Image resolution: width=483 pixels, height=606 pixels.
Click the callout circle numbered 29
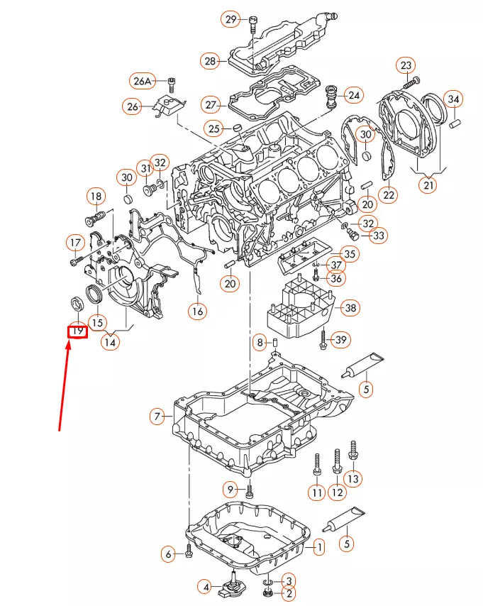(231, 20)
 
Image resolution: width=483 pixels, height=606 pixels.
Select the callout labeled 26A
(143, 82)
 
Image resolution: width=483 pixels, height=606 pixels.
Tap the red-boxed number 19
(77, 331)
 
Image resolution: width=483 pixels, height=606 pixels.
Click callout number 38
(350, 308)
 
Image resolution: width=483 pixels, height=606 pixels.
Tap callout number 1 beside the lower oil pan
(319, 546)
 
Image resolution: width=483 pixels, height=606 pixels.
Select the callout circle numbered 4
(204, 587)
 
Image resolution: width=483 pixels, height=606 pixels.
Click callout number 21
(428, 186)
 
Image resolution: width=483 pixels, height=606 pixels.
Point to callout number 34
(453, 99)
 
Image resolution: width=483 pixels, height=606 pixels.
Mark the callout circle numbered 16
(197, 310)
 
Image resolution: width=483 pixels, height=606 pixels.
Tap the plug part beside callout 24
(331, 97)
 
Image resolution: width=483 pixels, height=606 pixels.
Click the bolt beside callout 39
(323, 340)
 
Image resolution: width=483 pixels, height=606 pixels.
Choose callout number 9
(230, 489)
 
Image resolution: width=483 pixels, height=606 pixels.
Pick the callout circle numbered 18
(96, 197)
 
